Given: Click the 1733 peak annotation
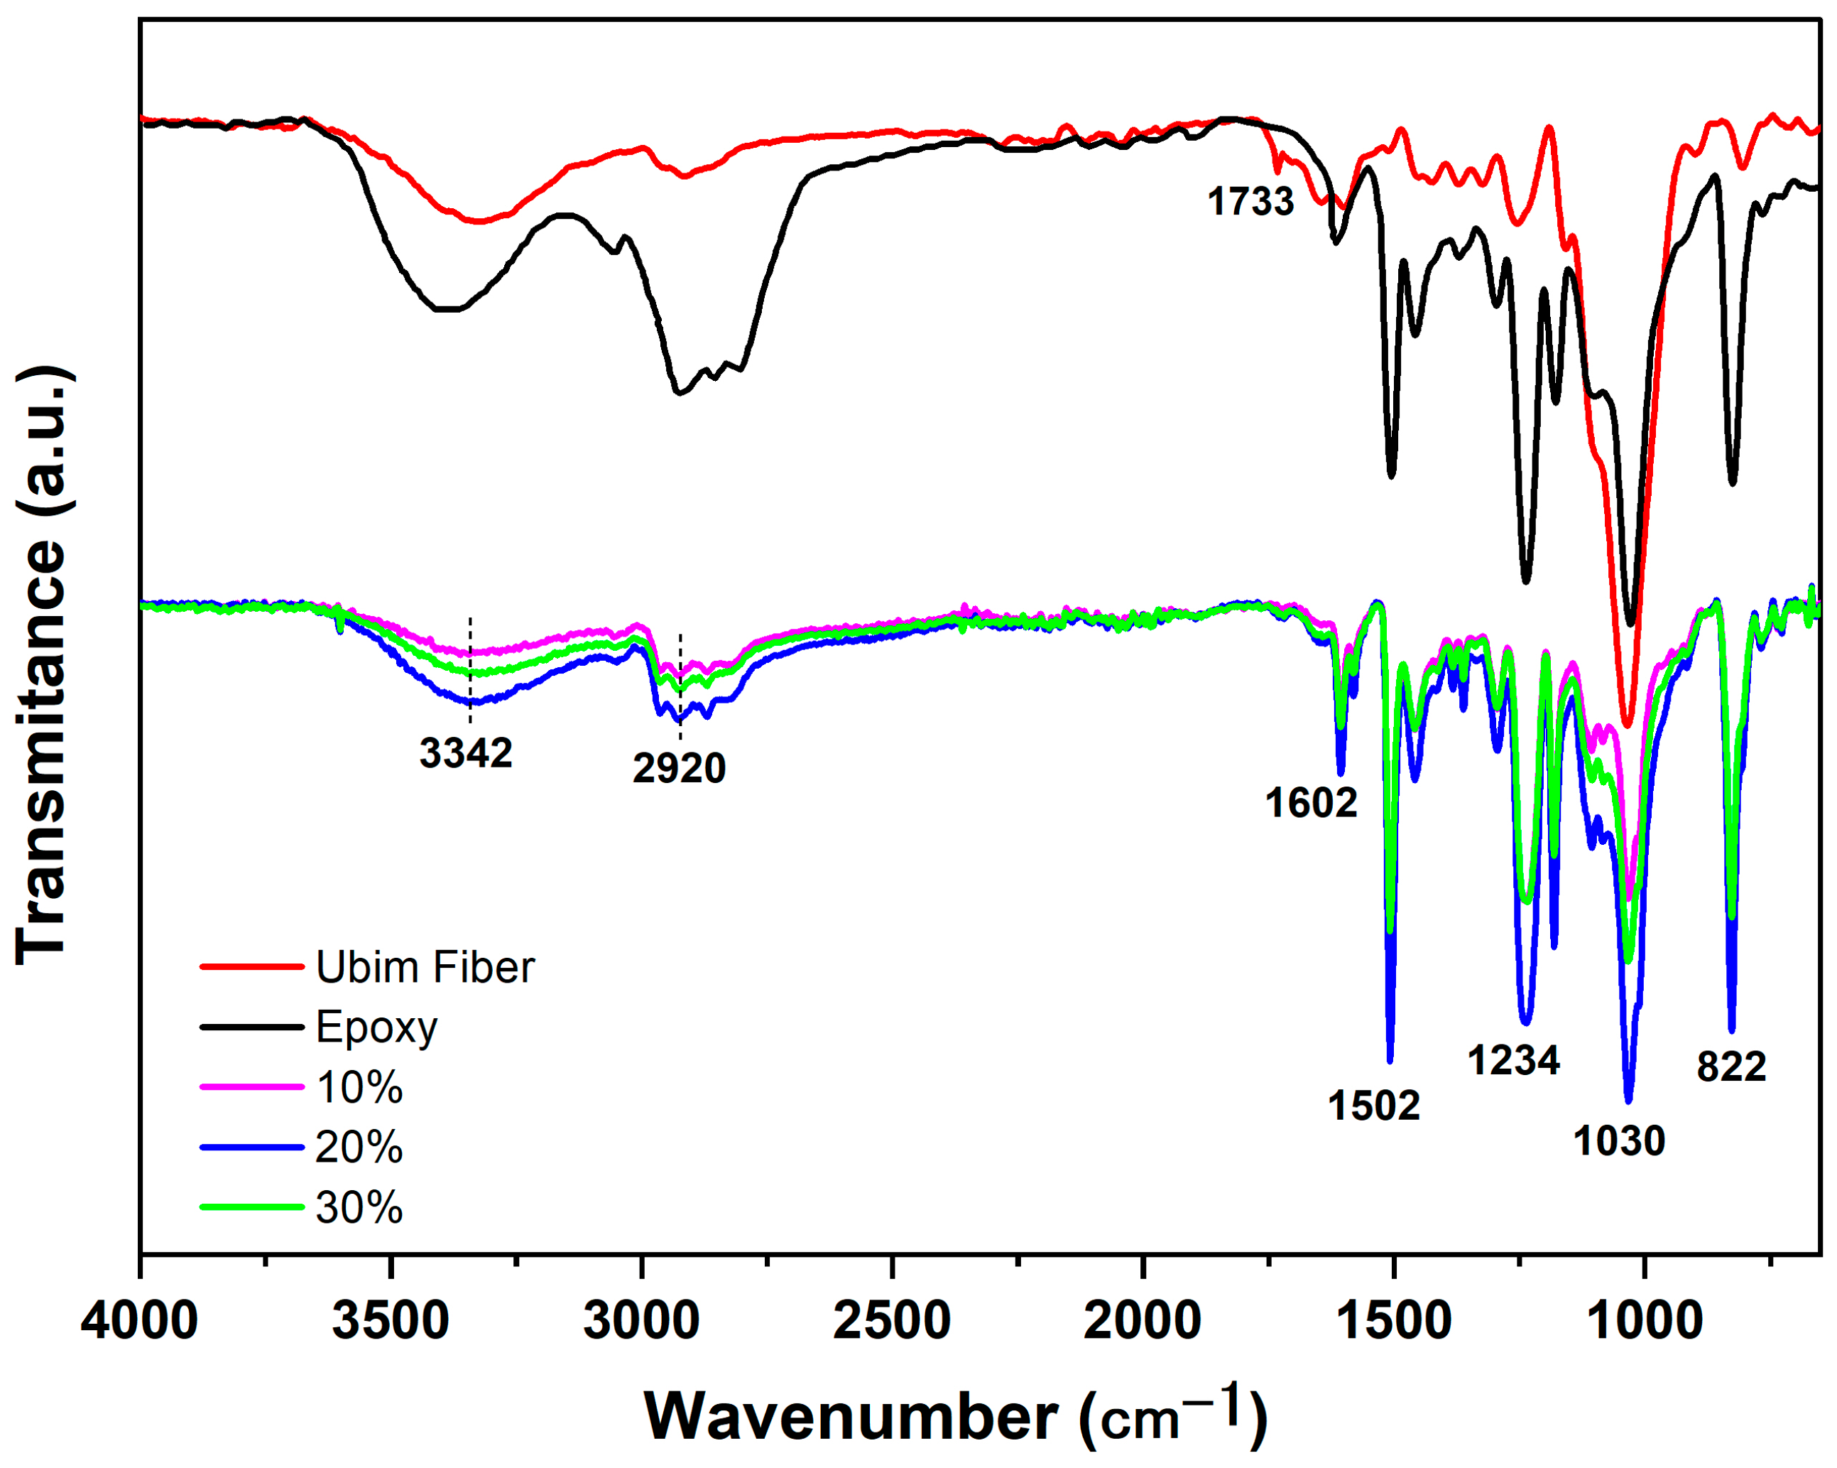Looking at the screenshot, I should click(1250, 202).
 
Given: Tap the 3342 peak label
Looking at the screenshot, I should click(465, 752).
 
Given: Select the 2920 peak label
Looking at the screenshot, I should click(679, 768).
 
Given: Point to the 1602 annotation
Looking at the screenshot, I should click(1310, 803).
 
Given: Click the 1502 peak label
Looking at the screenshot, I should click(1373, 1106).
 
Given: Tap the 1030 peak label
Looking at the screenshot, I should click(1619, 1140).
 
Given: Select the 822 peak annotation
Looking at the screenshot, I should click(1731, 1067).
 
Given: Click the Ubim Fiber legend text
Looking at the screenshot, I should click(425, 967).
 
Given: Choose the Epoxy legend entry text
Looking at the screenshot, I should click(376, 1027).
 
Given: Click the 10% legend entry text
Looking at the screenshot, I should click(359, 1088).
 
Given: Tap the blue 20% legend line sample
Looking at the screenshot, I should click(252, 1148).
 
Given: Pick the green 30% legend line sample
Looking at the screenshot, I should click(252, 1207).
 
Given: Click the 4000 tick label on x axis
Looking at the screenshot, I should click(140, 1320).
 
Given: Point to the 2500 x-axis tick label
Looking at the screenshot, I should click(891, 1320).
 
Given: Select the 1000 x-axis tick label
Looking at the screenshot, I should click(1644, 1320).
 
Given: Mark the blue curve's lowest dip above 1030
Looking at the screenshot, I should click(1628, 1100).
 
